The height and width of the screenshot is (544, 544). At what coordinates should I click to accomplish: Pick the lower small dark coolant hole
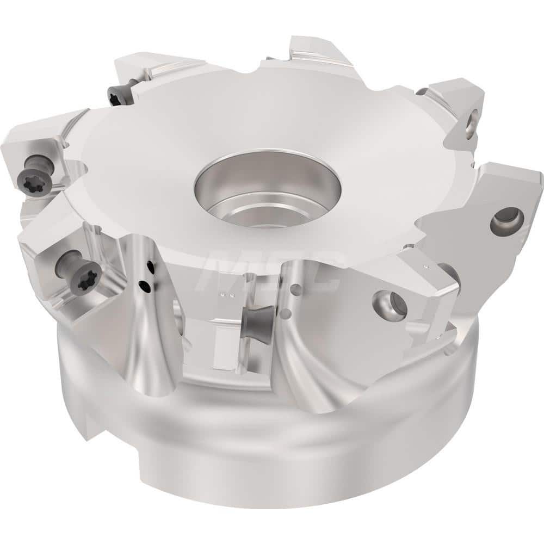[x=143, y=283]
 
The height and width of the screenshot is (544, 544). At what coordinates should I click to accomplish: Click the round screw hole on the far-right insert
[x=506, y=220]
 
